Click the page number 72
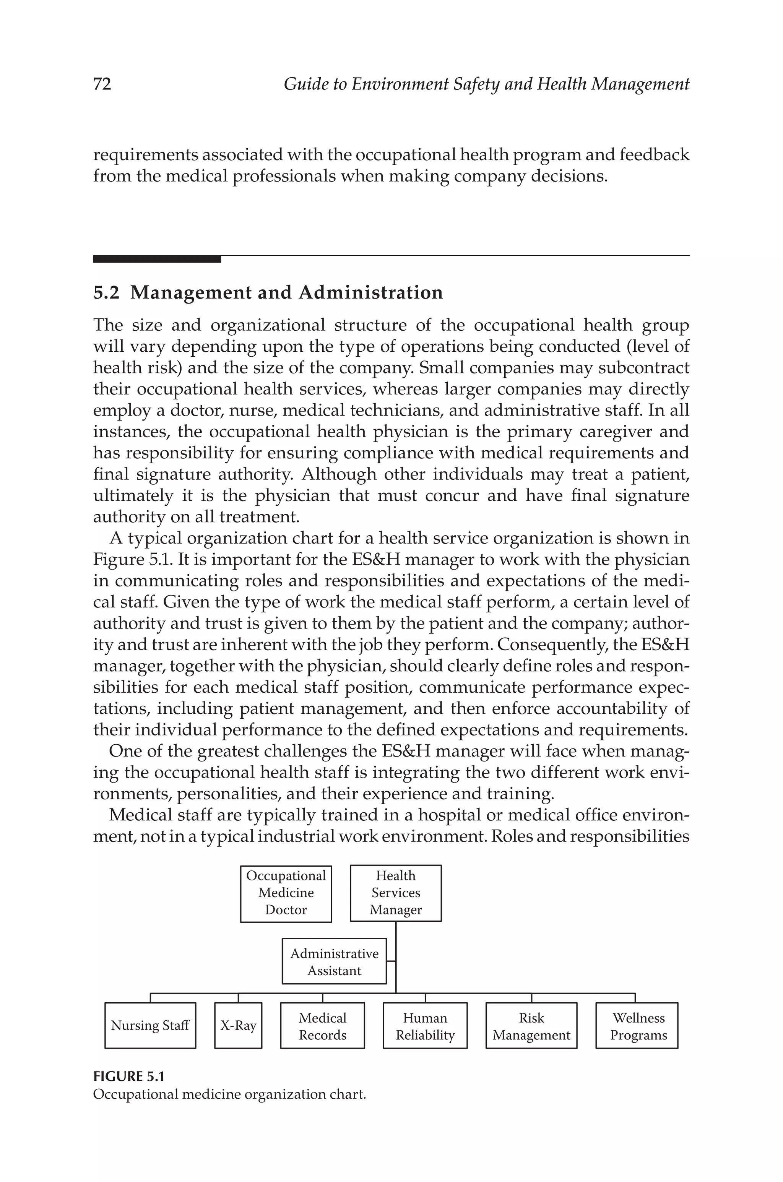coord(102,84)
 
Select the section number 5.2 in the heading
coord(106,292)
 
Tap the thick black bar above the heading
coord(157,259)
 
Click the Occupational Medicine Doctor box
coord(286,893)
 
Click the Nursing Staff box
coord(150,1026)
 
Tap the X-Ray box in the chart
coord(238,1026)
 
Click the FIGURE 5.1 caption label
coord(129,1076)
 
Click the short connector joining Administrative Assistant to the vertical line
coord(391,960)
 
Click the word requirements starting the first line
coord(145,155)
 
